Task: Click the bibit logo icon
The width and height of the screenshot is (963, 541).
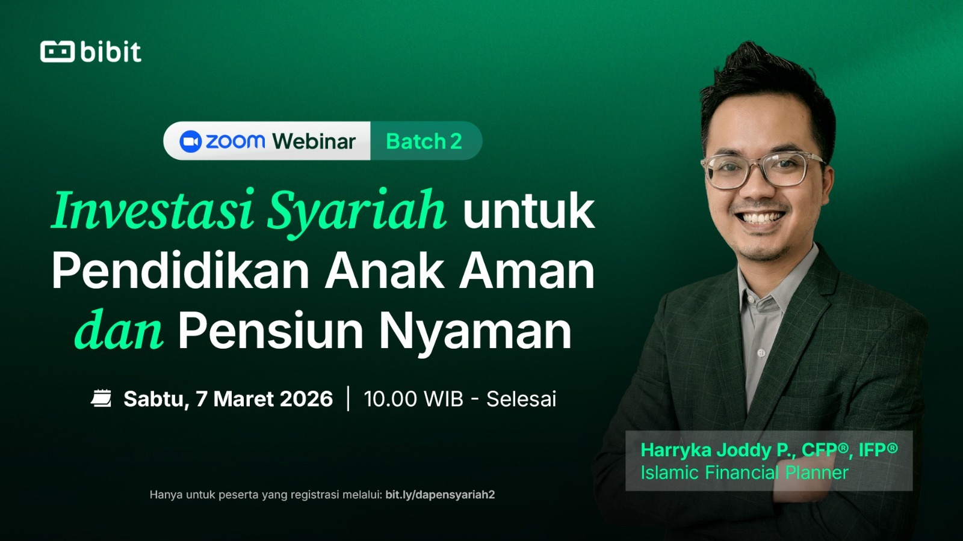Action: (57, 52)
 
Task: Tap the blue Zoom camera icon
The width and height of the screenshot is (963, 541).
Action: (190, 141)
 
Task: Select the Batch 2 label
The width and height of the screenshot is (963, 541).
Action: (424, 141)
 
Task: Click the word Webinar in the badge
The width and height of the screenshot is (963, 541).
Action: (314, 141)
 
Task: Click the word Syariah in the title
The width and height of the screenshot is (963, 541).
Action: (356, 213)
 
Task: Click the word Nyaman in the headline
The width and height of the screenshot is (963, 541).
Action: (475, 334)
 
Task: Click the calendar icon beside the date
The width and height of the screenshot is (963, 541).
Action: (102, 398)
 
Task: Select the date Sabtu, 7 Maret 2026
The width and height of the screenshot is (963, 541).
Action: (228, 399)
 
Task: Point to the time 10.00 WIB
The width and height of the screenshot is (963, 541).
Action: (413, 399)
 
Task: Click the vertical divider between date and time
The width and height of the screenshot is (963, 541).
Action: (348, 399)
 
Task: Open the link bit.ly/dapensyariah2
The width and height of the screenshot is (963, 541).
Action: (440, 495)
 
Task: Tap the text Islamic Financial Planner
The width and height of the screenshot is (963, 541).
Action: (745, 472)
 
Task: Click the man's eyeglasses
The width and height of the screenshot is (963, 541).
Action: (762, 171)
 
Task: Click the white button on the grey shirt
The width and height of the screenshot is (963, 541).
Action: (761, 353)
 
